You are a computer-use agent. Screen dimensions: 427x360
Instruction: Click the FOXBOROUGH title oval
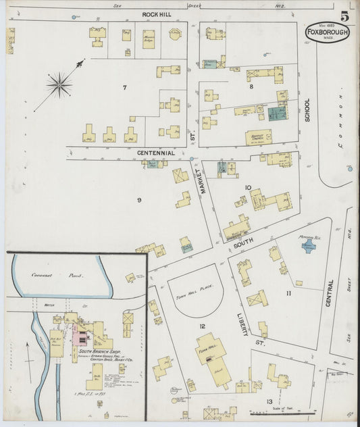pyautogui.click(x=328, y=32)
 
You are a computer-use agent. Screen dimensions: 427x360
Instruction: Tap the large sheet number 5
pyautogui.click(x=344, y=16)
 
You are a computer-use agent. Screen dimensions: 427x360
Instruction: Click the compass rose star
pyautogui.click(x=59, y=84)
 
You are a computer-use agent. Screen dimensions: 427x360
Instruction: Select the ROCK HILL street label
pyautogui.click(x=159, y=14)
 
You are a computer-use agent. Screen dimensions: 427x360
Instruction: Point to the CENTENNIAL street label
pyautogui.click(x=156, y=153)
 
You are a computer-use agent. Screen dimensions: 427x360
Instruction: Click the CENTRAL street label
pyautogui.click(x=330, y=293)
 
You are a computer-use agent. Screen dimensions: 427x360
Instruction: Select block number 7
pyautogui.click(x=124, y=87)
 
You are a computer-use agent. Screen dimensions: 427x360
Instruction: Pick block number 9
pyautogui.click(x=139, y=200)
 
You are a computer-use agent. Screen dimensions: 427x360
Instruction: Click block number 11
pyautogui.click(x=288, y=293)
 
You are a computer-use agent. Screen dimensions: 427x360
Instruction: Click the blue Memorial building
pyautogui.click(x=308, y=247)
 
